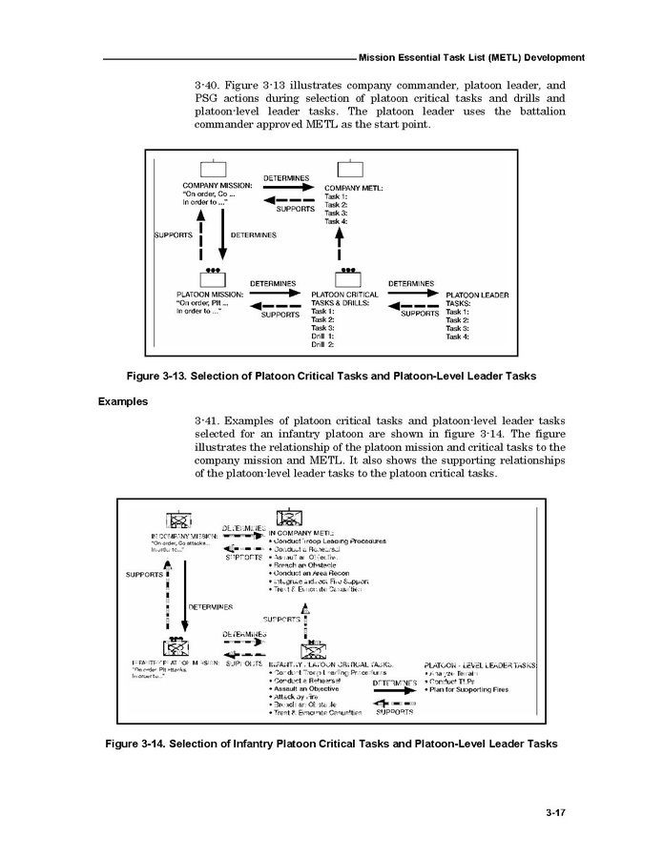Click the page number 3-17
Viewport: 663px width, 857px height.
[556, 813]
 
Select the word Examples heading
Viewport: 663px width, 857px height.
[123, 401]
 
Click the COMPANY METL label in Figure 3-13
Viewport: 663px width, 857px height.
[354, 188]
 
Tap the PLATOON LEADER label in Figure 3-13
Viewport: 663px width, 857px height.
[477, 295]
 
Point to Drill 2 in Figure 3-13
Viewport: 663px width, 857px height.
[322, 344]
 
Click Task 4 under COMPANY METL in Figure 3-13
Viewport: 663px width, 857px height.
[336, 221]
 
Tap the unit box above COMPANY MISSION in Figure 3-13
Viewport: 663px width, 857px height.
[213, 169]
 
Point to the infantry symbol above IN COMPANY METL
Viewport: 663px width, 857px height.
[288, 517]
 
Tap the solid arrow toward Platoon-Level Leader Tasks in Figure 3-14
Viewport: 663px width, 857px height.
[394, 692]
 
